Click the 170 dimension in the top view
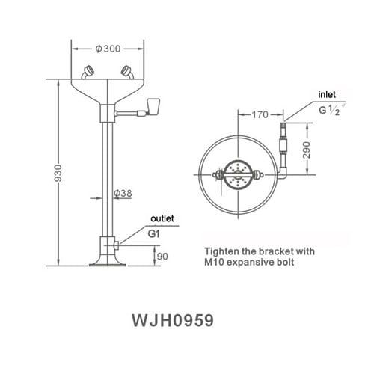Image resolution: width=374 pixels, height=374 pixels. click(260, 114)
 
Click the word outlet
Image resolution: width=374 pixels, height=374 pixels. click(162, 218)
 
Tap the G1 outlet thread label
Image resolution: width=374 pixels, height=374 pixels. click(155, 233)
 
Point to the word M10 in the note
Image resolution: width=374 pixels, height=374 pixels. click(216, 262)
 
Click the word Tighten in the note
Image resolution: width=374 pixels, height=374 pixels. click(222, 250)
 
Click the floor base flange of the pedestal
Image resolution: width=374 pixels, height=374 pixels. click(105, 261)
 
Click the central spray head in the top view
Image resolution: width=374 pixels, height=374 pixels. click(237, 174)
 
